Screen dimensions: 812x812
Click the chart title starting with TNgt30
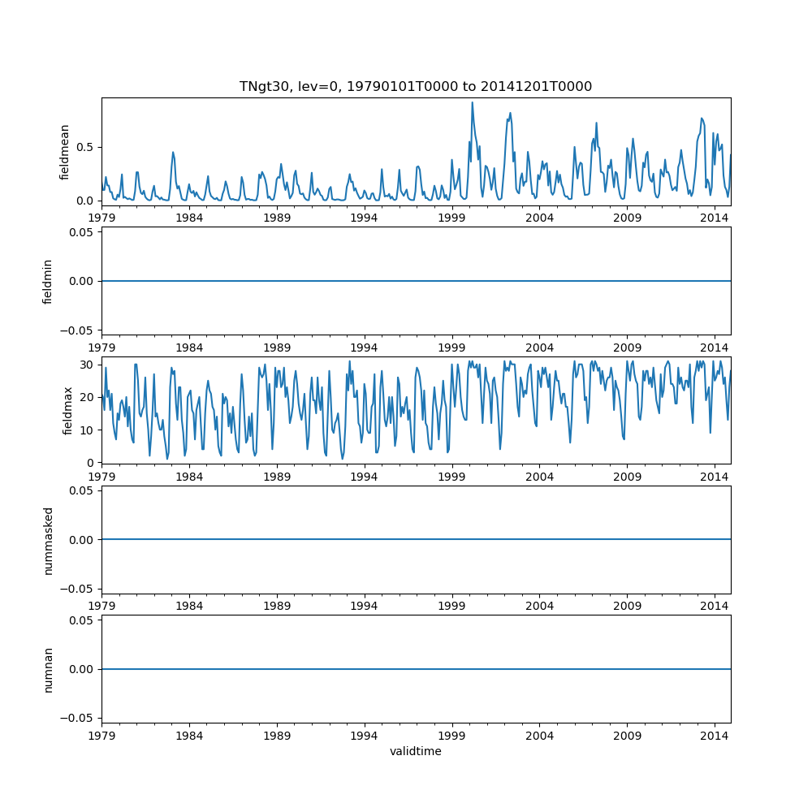pos(415,86)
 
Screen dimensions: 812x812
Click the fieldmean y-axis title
pos(65,152)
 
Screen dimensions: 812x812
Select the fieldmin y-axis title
pos(48,281)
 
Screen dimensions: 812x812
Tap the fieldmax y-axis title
pos(68,410)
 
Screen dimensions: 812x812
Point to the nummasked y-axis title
pos(48,539)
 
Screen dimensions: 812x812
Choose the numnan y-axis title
pos(48,669)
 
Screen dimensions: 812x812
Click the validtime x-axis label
pos(415,751)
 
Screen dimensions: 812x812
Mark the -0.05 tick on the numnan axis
pos(78,718)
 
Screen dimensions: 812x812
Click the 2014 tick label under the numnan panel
pos(715,735)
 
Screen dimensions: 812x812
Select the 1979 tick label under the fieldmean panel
pos(101,218)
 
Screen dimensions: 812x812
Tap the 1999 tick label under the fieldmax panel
pos(451,476)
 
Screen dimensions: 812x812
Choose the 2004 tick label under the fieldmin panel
pos(539,347)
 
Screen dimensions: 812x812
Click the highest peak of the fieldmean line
pos(472,102)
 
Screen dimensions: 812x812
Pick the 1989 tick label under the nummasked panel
pos(277,606)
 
